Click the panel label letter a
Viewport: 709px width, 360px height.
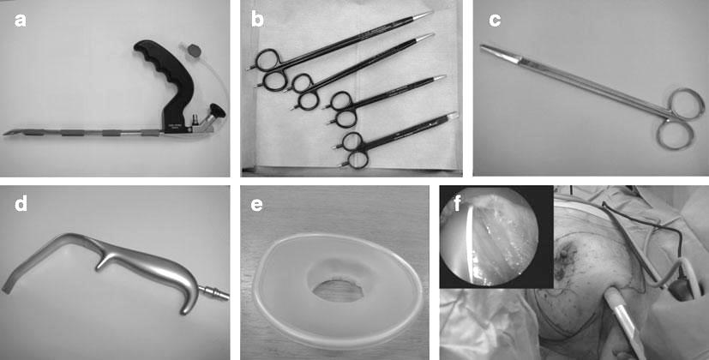tap(21, 21)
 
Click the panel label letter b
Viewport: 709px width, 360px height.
tap(257, 20)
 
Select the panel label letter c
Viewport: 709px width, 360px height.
tap(495, 21)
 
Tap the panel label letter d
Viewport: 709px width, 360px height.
tap(21, 203)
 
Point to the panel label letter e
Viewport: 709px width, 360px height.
tap(256, 206)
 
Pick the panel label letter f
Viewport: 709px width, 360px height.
tap(457, 204)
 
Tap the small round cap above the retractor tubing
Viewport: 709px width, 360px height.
tap(194, 49)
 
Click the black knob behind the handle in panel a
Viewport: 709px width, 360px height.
tap(218, 110)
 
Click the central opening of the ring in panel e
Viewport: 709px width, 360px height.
tap(334, 291)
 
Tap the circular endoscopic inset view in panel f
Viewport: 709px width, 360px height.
tap(489, 237)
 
